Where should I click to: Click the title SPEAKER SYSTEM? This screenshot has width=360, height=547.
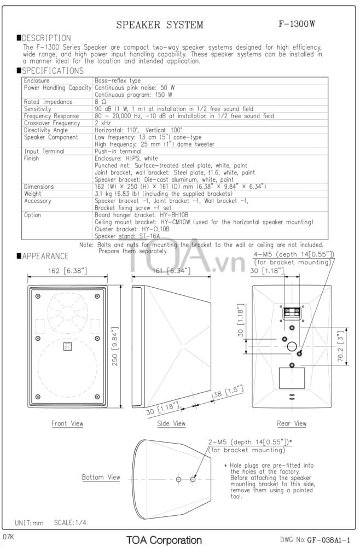point(160,25)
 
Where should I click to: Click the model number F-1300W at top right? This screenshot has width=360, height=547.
point(297,24)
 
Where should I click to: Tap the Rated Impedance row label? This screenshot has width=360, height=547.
point(48,102)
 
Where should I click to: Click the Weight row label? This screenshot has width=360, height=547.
point(33,194)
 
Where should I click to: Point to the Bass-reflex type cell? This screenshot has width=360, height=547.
point(118,80)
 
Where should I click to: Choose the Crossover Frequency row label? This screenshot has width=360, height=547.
point(52,123)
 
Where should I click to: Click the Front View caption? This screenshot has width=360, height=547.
point(67,423)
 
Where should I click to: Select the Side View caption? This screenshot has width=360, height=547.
point(171,423)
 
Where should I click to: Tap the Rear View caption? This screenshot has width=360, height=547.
point(292,423)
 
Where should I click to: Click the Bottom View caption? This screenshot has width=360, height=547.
point(101,478)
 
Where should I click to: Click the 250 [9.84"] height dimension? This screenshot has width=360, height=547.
point(115,347)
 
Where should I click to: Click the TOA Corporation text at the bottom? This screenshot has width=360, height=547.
point(164,540)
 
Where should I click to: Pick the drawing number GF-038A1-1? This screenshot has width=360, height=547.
point(322,540)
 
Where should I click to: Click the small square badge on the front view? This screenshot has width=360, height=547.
point(67,345)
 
